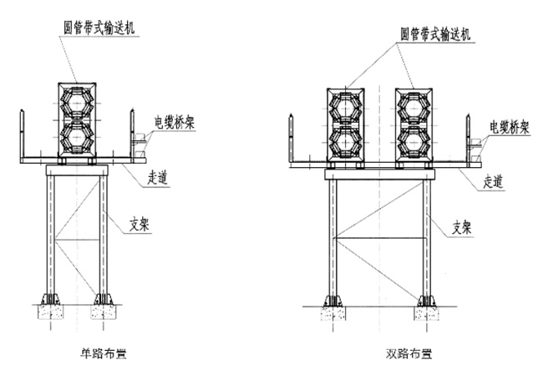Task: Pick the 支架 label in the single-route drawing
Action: tap(140, 223)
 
